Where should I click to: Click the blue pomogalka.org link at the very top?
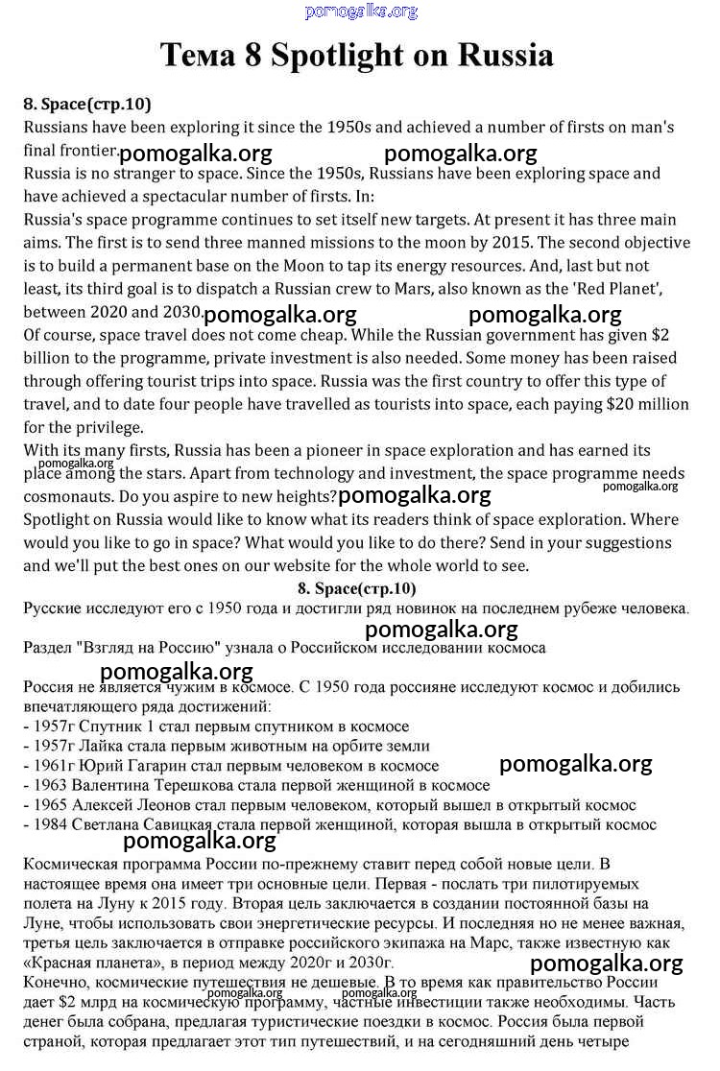click(x=361, y=12)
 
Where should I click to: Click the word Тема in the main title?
click(x=196, y=55)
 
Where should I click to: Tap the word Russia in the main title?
click(x=505, y=55)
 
